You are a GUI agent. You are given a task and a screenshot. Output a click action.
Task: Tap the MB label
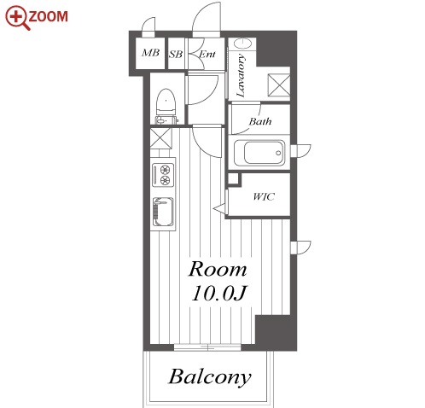[150, 53]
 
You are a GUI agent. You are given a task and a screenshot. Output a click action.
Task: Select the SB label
[175, 54]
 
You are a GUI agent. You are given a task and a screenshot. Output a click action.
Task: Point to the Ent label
[207, 54]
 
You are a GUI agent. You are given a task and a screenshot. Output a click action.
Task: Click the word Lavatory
[241, 75]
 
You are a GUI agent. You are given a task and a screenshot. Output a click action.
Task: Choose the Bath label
[260, 121]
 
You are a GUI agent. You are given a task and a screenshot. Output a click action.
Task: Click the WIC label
[264, 196]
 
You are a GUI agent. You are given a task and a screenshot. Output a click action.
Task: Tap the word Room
[218, 269]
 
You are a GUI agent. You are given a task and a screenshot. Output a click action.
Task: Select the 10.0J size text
[218, 293]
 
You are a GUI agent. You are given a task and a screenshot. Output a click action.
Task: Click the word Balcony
[210, 377]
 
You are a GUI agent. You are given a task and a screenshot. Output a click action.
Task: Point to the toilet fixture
[166, 107]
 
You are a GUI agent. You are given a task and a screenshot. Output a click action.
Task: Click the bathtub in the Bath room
[259, 153]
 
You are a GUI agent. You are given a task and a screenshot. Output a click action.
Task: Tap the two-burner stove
[163, 175]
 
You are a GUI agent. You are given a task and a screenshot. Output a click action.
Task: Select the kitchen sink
[163, 212]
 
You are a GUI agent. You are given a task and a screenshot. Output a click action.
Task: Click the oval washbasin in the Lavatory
[242, 44]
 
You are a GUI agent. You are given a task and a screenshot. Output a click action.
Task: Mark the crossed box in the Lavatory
[279, 85]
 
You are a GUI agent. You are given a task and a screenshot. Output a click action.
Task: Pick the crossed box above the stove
[160, 138]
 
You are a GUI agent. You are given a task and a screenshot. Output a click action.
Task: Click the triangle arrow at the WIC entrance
[221, 208]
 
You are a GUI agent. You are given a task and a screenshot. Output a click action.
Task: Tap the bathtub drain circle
[278, 153]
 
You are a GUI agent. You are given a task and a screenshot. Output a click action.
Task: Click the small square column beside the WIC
[234, 179]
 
